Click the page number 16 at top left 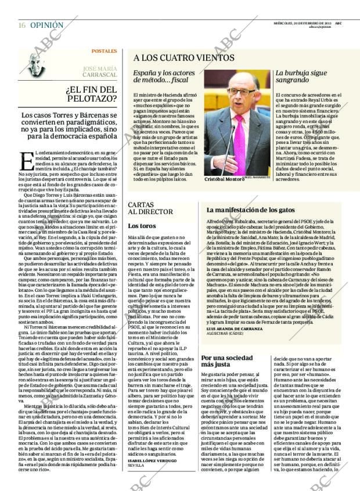coord(21,26)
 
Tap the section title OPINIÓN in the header coord(47,26)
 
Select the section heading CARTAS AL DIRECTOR coord(145,209)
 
